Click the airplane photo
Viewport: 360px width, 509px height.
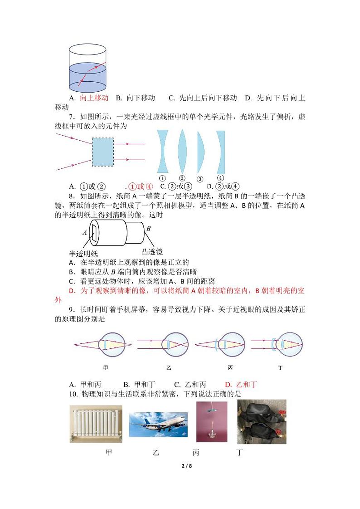click(x=158, y=425)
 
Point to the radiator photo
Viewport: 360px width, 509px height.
click(x=96, y=423)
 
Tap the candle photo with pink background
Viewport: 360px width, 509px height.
click(x=212, y=421)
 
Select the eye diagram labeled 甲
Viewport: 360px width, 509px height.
click(x=105, y=344)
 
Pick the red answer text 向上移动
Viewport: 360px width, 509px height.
click(x=94, y=98)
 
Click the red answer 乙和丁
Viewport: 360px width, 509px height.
click(x=247, y=384)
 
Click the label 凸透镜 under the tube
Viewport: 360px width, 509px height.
click(x=152, y=251)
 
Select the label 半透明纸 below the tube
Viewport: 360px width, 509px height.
click(x=83, y=254)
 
